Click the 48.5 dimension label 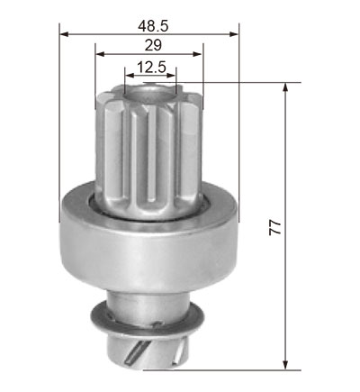tap(153, 26)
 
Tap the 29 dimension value tap(153, 45)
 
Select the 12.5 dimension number tap(151, 67)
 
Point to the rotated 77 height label tap(274, 227)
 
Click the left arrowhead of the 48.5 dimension tap(64, 34)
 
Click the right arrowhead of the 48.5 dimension tap(234, 34)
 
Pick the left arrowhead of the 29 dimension tap(100, 54)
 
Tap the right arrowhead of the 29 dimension tap(197, 54)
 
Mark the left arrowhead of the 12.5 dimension tap(130, 75)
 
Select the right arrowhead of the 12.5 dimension tap(171, 75)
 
